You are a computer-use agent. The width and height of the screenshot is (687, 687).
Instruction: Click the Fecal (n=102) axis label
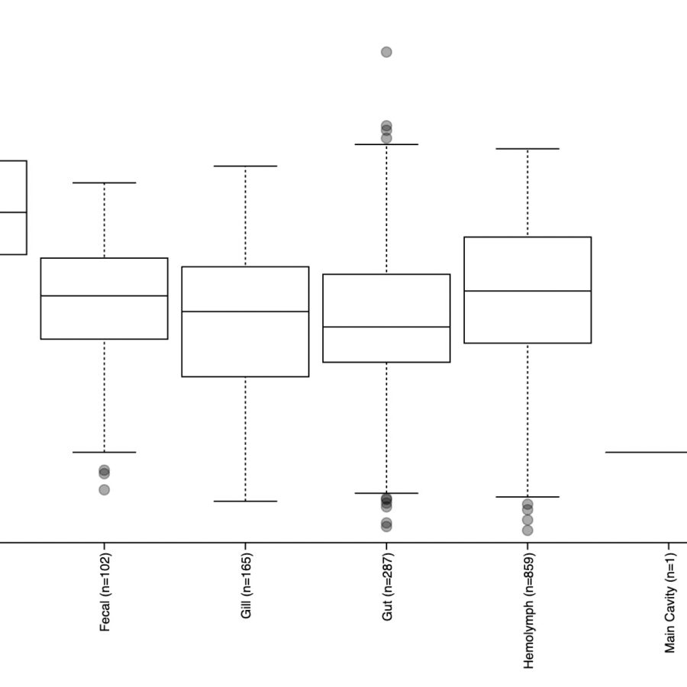[x=105, y=592]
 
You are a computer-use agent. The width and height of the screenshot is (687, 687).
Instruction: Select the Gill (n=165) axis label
[x=247, y=585]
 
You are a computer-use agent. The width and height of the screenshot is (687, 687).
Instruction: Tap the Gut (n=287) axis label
[x=387, y=587]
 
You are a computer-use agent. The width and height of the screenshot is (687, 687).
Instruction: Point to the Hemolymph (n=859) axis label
[x=528, y=611]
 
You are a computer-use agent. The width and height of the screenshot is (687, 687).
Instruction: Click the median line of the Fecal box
[x=105, y=295]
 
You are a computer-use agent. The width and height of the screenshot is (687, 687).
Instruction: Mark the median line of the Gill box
[x=245, y=311]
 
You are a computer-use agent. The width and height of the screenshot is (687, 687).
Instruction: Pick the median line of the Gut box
[x=386, y=327]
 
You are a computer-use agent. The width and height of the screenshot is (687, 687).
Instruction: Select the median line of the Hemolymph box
[x=527, y=291]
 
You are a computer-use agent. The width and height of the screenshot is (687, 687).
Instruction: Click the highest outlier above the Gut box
[x=386, y=52]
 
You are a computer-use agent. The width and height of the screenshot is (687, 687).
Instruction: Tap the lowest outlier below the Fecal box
[x=105, y=490]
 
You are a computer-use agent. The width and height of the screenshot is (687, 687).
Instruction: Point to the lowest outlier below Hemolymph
[x=527, y=531]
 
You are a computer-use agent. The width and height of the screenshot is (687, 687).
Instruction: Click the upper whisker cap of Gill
[x=245, y=166]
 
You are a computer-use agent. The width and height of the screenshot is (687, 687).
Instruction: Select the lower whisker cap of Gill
[x=245, y=502]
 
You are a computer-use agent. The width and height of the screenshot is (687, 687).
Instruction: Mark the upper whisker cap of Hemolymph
[x=527, y=149]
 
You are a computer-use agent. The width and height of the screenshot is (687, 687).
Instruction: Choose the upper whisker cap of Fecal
[x=105, y=182]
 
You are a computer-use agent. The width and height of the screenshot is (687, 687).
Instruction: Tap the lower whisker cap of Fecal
[x=105, y=452]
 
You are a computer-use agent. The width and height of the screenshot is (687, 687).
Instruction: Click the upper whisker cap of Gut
[x=386, y=144]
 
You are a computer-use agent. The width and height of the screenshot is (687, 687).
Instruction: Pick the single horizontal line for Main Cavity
[x=647, y=452]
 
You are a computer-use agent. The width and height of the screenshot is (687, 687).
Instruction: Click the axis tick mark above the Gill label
[x=245, y=546]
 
